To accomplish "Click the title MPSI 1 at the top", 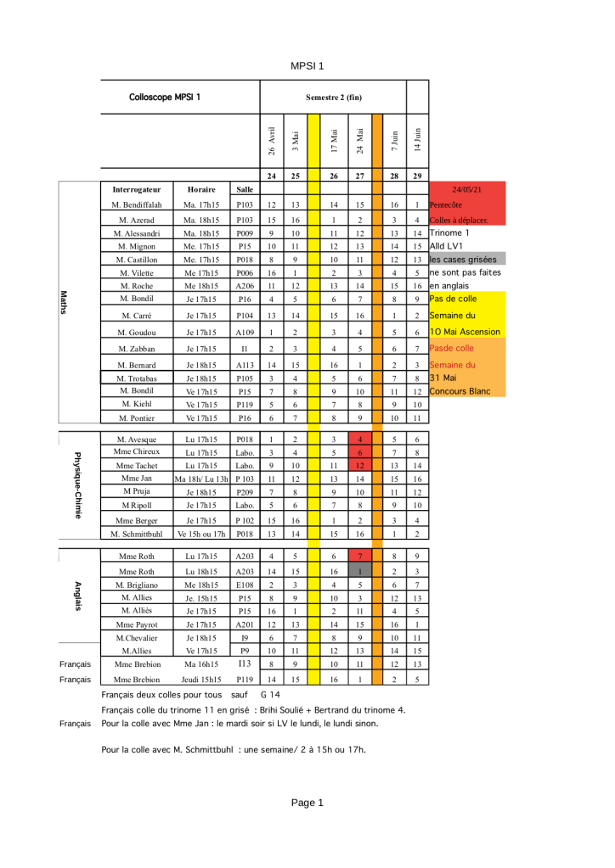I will [307, 65].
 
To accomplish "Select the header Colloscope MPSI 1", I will [165, 97].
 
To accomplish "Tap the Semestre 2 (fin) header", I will [334, 98].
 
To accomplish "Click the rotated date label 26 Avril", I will [271, 140].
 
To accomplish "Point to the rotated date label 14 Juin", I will [417, 137].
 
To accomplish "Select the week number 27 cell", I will [360, 176].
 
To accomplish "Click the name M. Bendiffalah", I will [137, 205].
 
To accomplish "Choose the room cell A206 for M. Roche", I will [245, 286].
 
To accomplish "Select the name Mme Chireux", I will [137, 451].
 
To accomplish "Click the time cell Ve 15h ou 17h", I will [200, 534].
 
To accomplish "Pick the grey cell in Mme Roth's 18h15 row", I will [360, 572].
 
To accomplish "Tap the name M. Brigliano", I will [137, 585].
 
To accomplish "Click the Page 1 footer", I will [307, 803].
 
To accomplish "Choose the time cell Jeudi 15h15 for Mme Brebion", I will [200, 680].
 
